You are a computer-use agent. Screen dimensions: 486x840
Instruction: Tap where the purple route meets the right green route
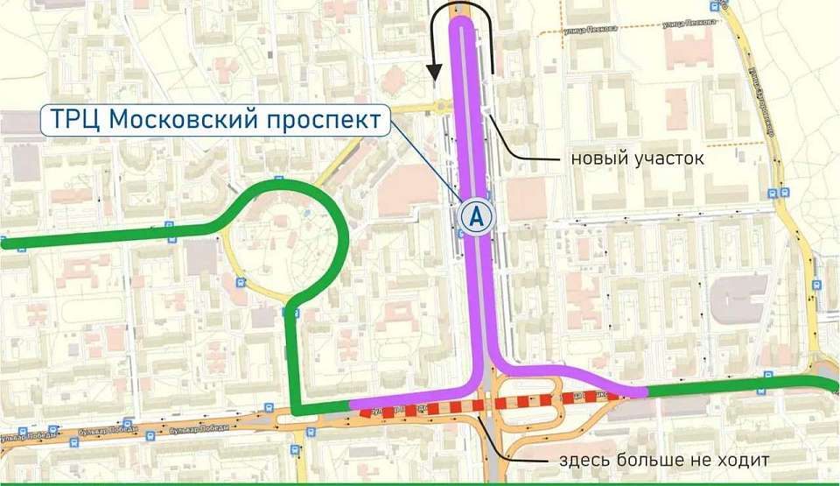pos(647,391)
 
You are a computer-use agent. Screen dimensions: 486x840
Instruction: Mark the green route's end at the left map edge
pos(5,244)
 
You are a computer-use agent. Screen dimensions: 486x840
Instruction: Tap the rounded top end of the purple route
pos(462,24)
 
